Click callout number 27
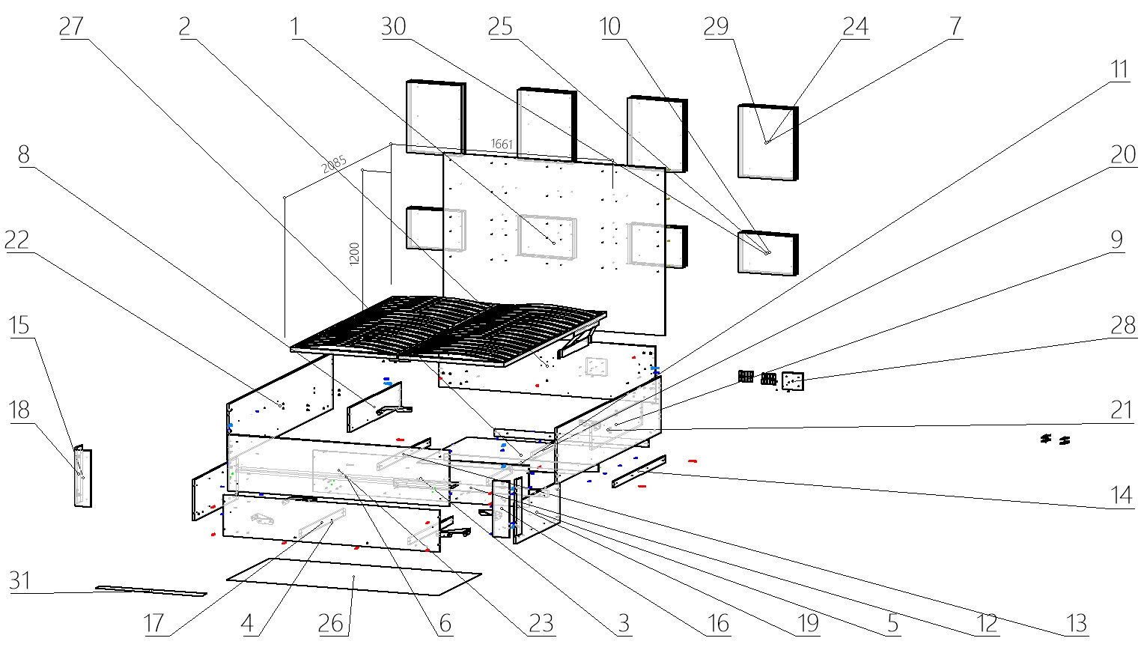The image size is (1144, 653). pos(71,26)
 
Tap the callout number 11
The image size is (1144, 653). pos(1119,70)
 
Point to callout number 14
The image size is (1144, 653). pos(1121,495)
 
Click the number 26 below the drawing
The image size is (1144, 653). pos(331,623)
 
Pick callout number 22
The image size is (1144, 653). pos(16,240)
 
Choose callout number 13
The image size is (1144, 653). pos(1076,623)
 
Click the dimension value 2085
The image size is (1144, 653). pos(335,163)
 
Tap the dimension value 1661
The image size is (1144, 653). pos(502,144)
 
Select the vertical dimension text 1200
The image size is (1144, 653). pos(355,253)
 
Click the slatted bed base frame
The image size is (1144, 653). pos(449,329)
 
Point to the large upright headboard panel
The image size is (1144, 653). pos(554,247)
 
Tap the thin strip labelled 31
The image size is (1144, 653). pos(150,591)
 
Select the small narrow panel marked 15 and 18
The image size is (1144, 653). pos(82,476)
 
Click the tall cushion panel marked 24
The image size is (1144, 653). pos(767,142)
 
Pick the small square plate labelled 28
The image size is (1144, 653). pos(792,382)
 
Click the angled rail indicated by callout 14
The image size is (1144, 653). pos(639,471)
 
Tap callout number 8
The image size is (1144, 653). pos(23,154)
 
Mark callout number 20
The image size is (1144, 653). pos(1122,155)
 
